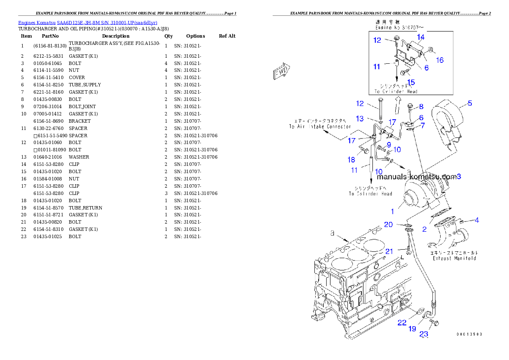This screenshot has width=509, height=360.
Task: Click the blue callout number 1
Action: (392, 211)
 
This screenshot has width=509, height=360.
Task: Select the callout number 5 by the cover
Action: (470, 103)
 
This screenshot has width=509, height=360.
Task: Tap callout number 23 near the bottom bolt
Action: (423, 335)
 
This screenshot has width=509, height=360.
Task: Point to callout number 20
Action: (388, 224)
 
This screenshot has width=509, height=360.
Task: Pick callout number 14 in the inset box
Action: (420, 37)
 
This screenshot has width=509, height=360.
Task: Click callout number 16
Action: (439, 60)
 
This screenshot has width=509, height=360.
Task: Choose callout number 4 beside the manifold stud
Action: (476, 221)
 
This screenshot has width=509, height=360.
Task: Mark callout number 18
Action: (351, 159)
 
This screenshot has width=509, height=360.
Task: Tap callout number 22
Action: (402, 323)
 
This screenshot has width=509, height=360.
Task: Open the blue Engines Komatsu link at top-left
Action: (88, 23)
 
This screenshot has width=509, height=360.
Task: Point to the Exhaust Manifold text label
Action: (454, 258)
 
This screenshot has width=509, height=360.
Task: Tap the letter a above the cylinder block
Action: (332, 233)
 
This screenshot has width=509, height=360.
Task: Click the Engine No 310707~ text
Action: (400, 27)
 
